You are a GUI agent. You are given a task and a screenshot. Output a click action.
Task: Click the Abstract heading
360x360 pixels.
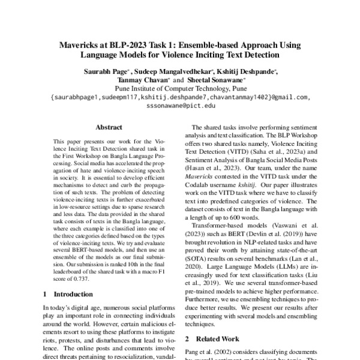point(109,127)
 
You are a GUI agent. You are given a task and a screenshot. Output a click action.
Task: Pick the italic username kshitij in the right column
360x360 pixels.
point(240,178)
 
